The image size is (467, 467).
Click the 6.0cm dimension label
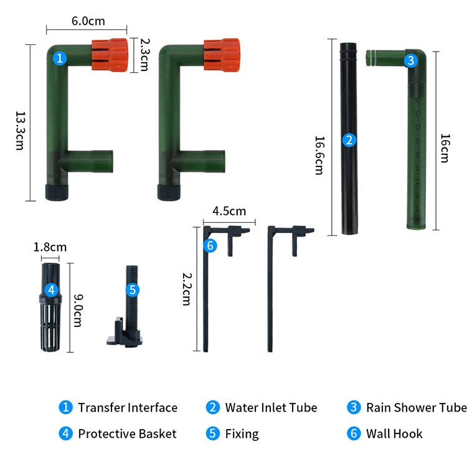point(88,21)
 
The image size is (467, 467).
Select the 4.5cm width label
point(229,211)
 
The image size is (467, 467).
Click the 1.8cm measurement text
point(50,247)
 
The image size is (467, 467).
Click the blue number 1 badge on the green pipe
point(60,59)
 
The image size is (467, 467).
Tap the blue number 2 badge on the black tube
point(349,140)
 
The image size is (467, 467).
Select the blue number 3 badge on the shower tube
point(410,60)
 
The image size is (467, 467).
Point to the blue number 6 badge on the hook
point(210,246)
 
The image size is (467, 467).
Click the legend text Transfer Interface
point(128,408)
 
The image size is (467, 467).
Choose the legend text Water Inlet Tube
point(271,408)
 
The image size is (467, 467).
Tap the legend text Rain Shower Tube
point(416,408)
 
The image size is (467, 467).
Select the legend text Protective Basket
point(127,434)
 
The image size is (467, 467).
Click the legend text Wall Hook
point(394,434)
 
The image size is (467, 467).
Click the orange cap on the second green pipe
point(221,52)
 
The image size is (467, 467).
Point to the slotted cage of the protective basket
point(51,324)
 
